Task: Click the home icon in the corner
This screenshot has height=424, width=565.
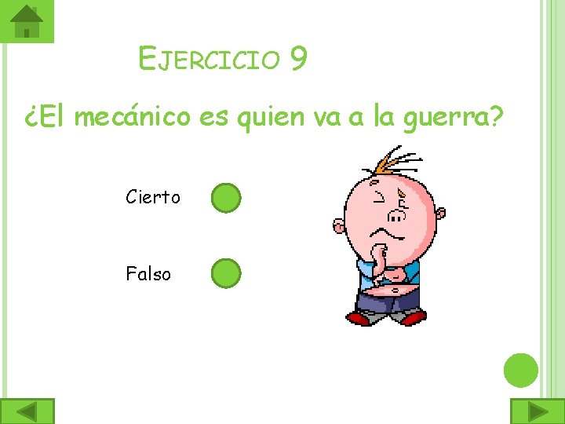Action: coord(27,21)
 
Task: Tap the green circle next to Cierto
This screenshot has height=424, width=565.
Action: coord(225,199)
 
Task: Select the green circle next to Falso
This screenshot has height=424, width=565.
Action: coord(225,273)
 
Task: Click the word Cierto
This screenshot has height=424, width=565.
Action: coord(153,197)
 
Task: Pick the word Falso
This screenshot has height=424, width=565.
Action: coord(148,274)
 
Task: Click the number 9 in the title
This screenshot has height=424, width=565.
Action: coord(297,59)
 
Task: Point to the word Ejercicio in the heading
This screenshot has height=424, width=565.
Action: coord(209,59)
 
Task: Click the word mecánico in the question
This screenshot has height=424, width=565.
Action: coord(134,117)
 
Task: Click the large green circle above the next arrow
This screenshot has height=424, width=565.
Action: coord(520,370)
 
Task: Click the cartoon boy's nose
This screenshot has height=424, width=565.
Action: coord(398,214)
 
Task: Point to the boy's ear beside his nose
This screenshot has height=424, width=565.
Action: coord(440,213)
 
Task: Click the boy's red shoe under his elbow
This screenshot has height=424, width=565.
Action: coord(359,318)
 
